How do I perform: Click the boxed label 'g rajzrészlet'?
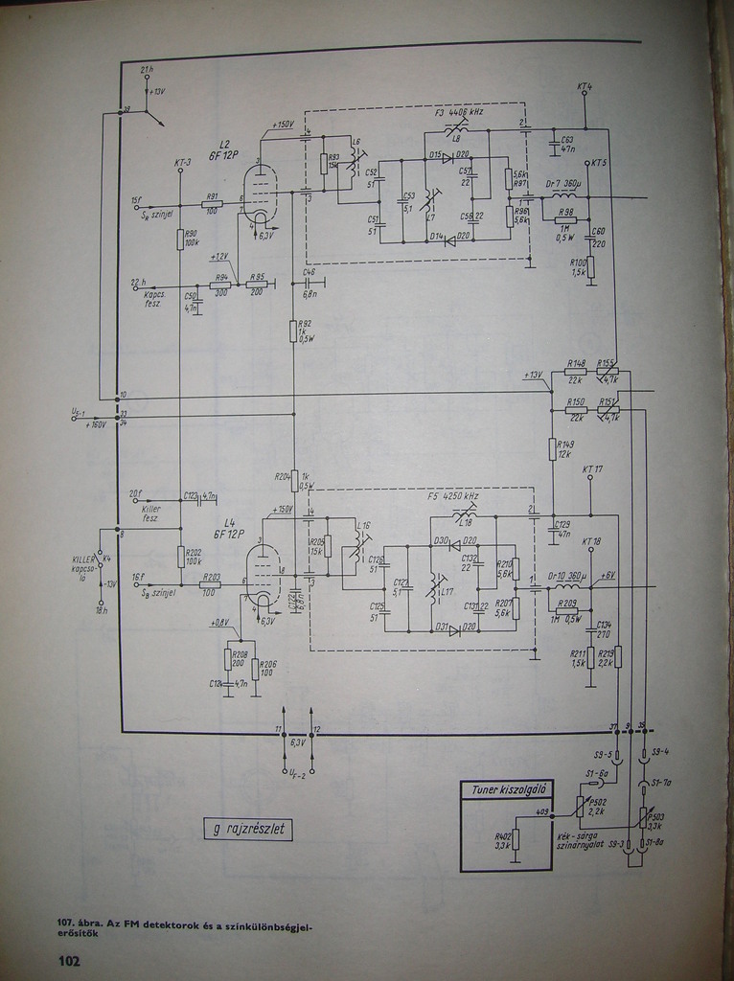coord(248,829)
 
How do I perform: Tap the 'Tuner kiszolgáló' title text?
coord(507,790)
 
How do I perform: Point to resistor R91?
coord(213,203)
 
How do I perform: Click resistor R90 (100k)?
coord(180,239)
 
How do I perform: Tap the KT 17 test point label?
coord(592,469)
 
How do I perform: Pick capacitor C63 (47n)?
coord(555,144)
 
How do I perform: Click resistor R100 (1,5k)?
coord(590,266)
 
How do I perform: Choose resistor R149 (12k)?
coord(553,448)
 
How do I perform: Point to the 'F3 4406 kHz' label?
coord(459,112)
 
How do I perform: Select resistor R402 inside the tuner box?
coord(516,839)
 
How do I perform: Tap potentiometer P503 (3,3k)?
coord(643,816)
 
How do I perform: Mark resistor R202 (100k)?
coord(180,556)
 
